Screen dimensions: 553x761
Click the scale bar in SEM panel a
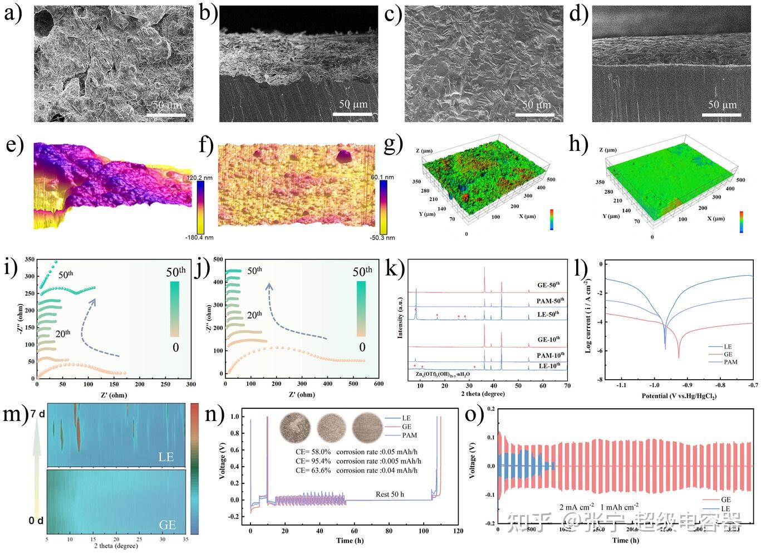166,115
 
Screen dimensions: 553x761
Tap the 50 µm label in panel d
722,105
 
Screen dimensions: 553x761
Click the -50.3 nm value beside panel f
382,238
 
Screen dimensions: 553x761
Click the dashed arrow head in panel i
92,300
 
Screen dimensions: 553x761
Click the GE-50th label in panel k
548,286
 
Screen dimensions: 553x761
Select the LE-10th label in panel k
549,366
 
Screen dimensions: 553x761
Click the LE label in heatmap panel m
166,457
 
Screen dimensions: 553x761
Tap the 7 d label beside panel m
37,414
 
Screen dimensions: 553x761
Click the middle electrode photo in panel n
332,427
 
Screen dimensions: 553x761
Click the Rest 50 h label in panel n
390,494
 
